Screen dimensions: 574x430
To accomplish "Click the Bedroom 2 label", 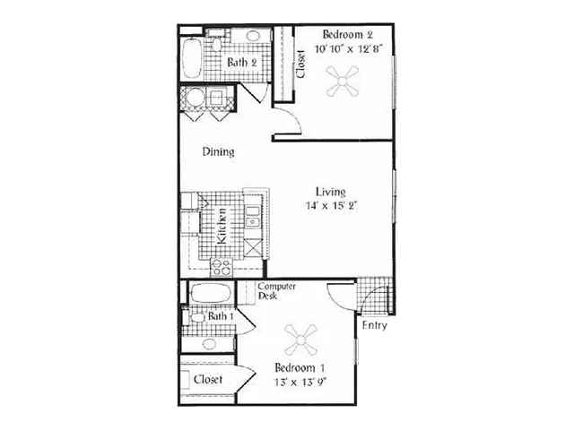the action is tap(347, 35).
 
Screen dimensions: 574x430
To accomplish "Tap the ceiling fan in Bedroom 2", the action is tap(343, 82).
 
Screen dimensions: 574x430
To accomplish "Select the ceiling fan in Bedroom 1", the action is tap(300, 340).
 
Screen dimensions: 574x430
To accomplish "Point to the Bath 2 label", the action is tap(241, 62).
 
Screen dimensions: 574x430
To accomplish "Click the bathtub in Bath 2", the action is tap(191, 57).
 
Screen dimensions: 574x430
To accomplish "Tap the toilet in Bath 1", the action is tap(195, 316).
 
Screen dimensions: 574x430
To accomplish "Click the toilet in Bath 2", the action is tap(217, 42).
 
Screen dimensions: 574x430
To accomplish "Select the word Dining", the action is tap(219, 151).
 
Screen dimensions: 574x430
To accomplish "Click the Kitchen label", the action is tap(222, 226).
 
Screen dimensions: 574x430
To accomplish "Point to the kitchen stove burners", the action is tap(222, 267).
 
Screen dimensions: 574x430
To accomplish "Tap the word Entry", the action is tap(375, 325).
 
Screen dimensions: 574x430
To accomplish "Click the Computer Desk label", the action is tap(277, 291).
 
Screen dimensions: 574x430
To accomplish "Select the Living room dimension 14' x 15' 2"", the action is tap(331, 205).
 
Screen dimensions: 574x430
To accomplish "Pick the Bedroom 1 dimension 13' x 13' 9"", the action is tap(300, 383).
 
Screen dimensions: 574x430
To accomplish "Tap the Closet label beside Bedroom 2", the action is tap(300, 64).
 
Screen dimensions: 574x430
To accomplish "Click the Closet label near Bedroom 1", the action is tap(208, 379).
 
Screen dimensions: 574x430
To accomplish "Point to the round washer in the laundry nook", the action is tap(195, 97).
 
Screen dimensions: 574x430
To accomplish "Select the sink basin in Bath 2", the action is tap(252, 36).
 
